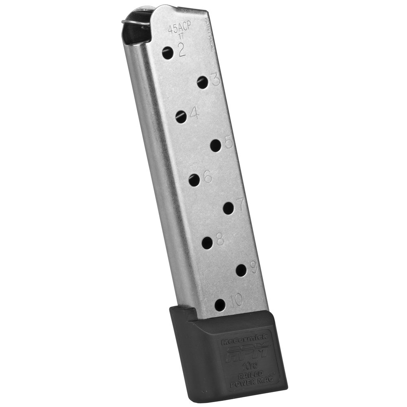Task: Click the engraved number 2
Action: pos(182,50)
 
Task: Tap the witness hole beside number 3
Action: pos(202,83)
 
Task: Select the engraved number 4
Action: pos(194,114)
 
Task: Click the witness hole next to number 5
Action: pos(216,145)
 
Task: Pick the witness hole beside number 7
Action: pos(228,208)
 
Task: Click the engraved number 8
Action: pos(220,240)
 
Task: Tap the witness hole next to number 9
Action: pos(241,270)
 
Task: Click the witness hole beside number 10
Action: pos(220,304)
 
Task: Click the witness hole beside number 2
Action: pos(167,52)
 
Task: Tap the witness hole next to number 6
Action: pos(195,179)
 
